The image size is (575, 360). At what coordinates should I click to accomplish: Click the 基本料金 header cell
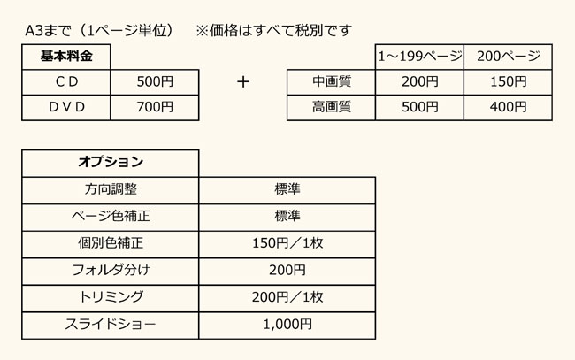[x=66, y=57]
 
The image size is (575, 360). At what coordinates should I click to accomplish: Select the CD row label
[x=66, y=81]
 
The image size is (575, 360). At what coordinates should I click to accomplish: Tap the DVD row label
[x=66, y=107]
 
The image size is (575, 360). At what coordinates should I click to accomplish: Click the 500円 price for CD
[x=155, y=81]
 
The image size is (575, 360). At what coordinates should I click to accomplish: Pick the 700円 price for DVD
[x=155, y=107]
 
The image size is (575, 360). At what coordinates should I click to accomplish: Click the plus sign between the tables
[x=243, y=81]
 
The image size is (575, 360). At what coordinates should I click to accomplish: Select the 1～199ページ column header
[x=420, y=57]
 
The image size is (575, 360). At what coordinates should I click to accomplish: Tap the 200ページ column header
[x=509, y=57]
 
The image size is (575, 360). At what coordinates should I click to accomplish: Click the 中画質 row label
[x=332, y=81]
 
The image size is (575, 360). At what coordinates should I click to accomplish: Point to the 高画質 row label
[x=332, y=107]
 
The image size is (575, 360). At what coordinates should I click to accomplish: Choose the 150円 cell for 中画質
[x=509, y=81]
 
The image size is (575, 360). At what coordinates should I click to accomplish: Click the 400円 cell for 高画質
[x=509, y=107]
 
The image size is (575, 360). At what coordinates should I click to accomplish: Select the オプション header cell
[x=111, y=162]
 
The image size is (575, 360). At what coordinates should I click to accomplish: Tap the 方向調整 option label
[x=111, y=189]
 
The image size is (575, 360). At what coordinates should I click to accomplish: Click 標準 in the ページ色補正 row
[x=287, y=216]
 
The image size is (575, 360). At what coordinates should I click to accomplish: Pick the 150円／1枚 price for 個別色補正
[x=287, y=243]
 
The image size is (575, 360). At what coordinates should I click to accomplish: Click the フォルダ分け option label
[x=111, y=270]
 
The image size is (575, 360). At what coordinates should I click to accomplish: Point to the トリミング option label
[x=111, y=297]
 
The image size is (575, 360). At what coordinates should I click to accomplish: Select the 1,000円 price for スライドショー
[x=287, y=325]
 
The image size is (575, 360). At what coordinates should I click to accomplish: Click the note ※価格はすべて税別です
[x=273, y=30]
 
